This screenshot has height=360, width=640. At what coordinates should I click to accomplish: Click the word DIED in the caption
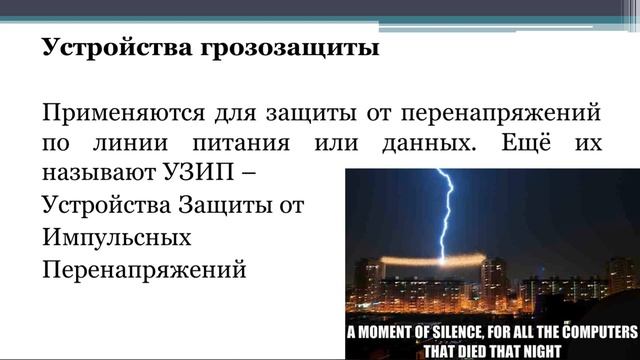coord(493,351)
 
